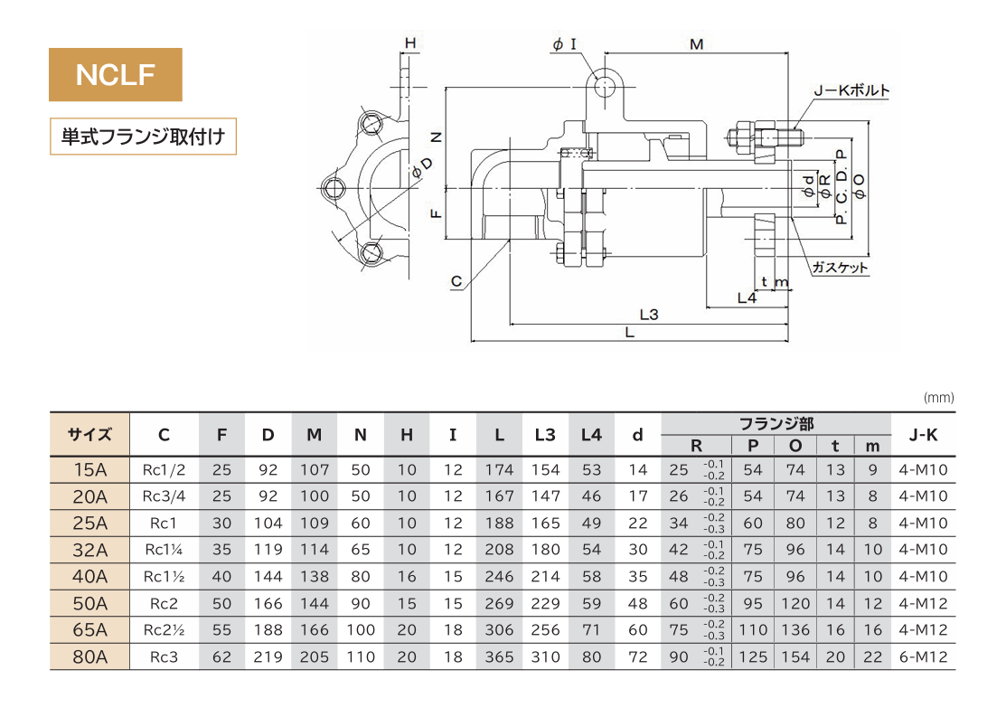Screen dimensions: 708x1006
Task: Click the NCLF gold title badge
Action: pyautogui.click(x=116, y=74)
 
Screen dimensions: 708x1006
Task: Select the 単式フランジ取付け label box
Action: pyautogui.click(x=143, y=137)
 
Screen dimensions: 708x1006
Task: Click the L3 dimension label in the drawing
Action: pyautogui.click(x=648, y=315)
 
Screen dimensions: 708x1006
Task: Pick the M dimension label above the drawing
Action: pyautogui.click(x=696, y=44)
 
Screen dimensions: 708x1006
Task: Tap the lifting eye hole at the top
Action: pyautogui.click(x=605, y=86)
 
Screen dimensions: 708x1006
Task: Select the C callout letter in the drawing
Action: pyautogui.click(x=457, y=283)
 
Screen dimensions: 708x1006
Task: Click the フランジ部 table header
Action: pyautogui.click(x=776, y=422)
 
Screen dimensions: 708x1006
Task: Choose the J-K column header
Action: pyautogui.click(x=921, y=435)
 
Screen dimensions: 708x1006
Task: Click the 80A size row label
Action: pyautogui.click(x=89, y=657)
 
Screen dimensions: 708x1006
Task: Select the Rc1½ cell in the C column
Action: pyautogui.click(x=164, y=576)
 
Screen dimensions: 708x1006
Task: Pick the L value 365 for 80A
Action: pyautogui.click(x=499, y=657)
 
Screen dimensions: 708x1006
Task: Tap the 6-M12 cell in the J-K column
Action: pyautogui.click(x=922, y=657)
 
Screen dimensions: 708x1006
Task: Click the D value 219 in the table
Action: pyautogui.click(x=268, y=657)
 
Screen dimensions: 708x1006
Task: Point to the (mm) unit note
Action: pyautogui.click(x=939, y=398)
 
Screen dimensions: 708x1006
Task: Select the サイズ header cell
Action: pyautogui.click(x=89, y=435)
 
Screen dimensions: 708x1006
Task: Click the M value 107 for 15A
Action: pyautogui.click(x=314, y=470)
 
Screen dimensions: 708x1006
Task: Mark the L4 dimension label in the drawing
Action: pyautogui.click(x=747, y=297)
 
